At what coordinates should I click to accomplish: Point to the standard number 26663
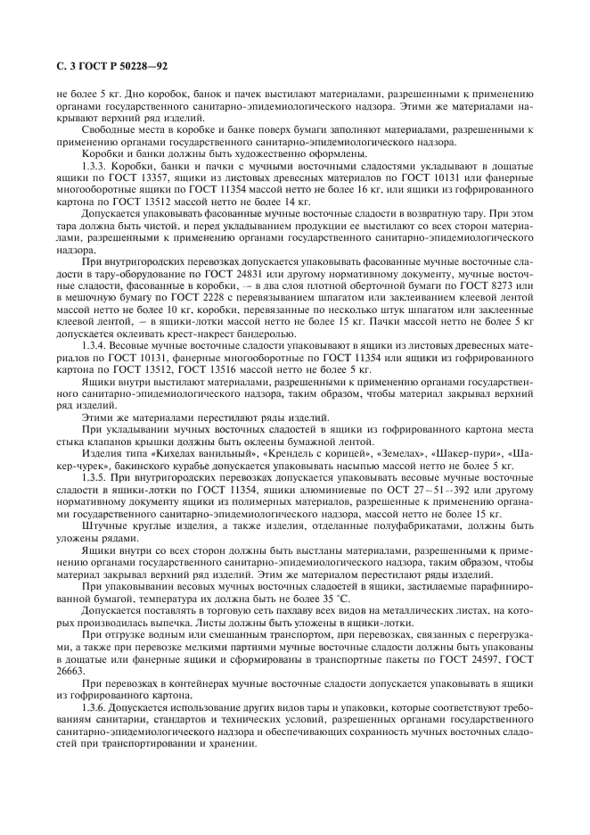pos(71,672)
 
